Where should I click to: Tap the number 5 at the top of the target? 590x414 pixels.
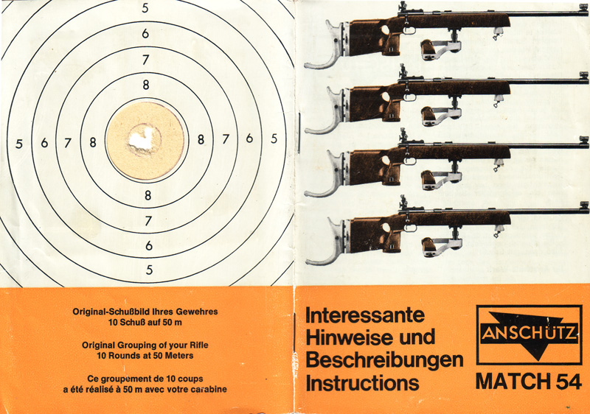point(145,8)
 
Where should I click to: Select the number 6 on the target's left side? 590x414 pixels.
point(44,143)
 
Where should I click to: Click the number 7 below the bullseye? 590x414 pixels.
point(148,220)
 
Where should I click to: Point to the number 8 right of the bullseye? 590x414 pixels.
point(201,140)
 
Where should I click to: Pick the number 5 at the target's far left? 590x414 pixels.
point(19,144)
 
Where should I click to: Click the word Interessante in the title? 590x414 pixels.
point(364,315)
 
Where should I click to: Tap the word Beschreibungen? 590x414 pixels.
point(384,361)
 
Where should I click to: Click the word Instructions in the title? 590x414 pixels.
point(362,383)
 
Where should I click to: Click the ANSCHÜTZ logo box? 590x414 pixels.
point(529,334)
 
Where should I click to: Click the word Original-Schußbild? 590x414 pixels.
point(111,312)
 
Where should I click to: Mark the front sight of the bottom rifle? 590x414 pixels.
point(584,205)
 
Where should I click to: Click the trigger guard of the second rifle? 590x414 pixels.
point(409,97)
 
